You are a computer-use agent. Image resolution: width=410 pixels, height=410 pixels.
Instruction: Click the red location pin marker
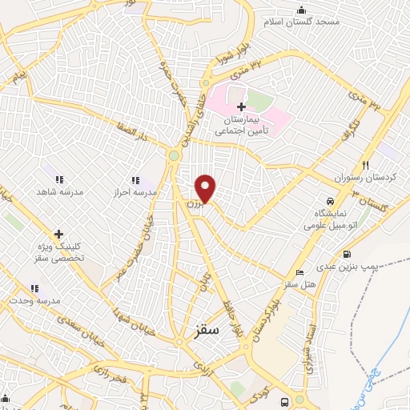206,189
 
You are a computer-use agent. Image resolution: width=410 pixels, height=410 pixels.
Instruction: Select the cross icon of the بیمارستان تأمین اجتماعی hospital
242,106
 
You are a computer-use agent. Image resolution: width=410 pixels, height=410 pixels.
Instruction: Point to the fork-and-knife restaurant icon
365,163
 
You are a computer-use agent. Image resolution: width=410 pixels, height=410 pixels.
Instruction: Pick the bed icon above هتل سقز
299,272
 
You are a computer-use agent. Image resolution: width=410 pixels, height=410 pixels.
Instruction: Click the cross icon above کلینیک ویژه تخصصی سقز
58,234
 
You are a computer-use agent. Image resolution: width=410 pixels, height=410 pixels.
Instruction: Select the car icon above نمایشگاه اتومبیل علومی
329,200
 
